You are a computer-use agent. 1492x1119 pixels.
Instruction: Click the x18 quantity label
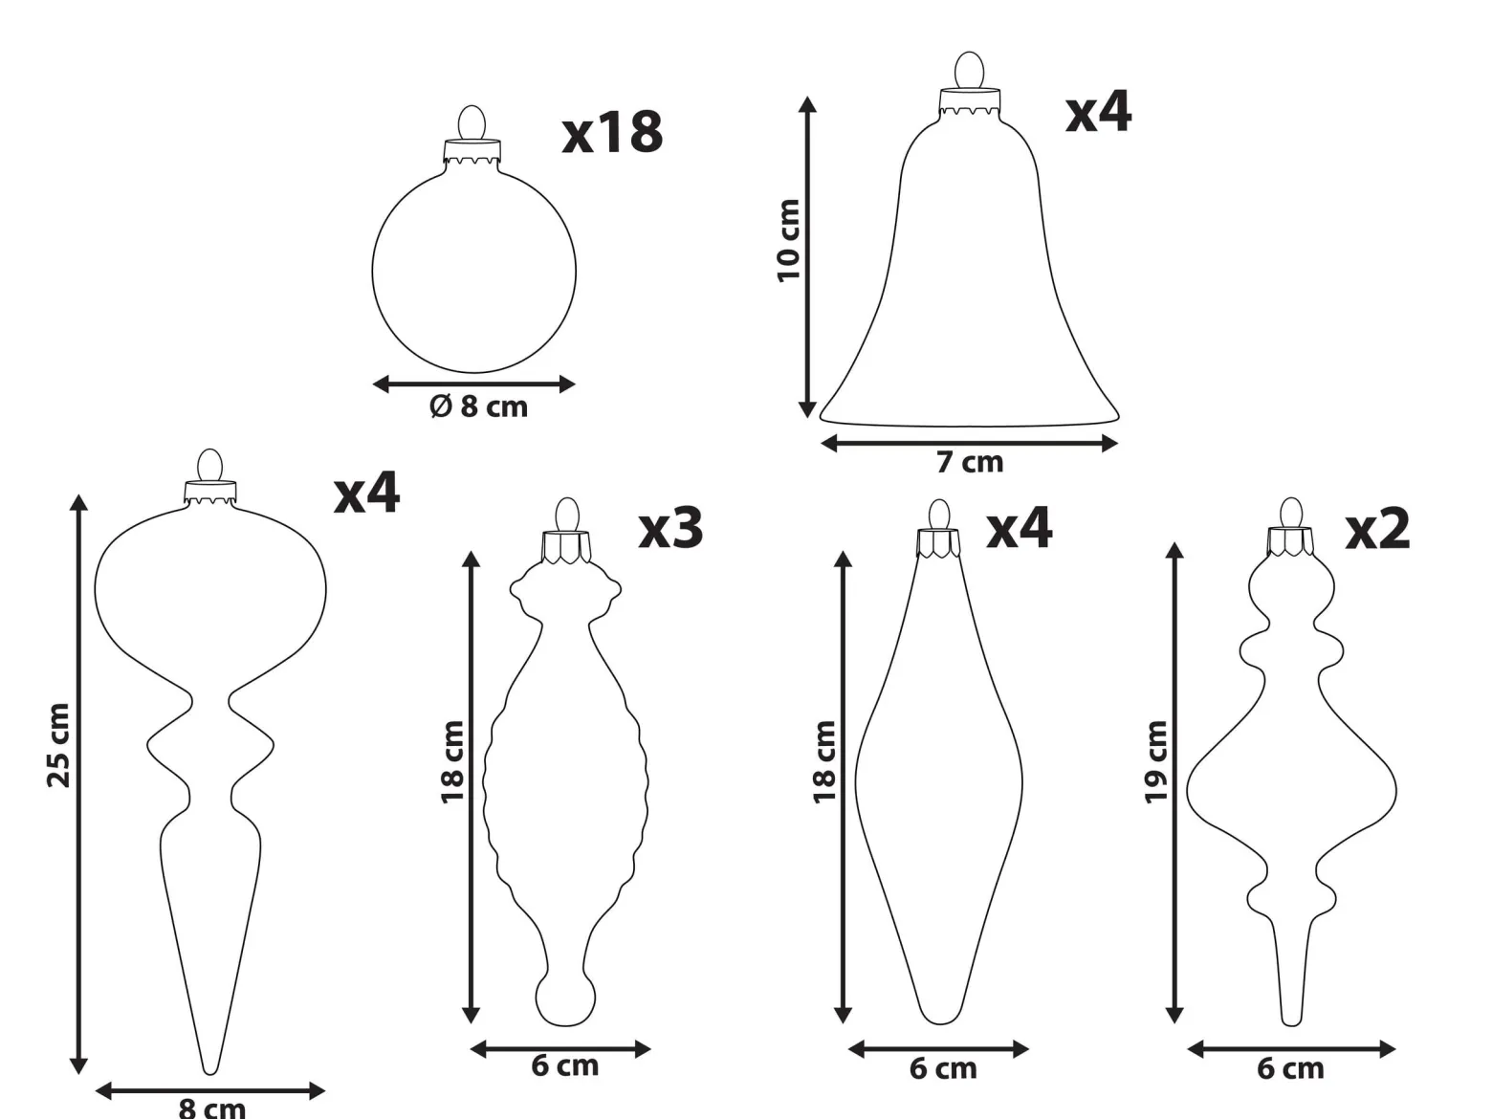coord(612,132)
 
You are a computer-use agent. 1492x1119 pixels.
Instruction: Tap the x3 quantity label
coord(670,529)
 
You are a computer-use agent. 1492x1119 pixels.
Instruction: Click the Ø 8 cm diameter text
coord(478,407)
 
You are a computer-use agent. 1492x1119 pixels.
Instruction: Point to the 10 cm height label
coord(789,240)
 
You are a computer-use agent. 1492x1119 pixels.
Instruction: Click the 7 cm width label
coord(970,462)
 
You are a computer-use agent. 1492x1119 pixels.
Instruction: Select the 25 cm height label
coord(58,745)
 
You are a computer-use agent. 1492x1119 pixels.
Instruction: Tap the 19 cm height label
coord(1156,762)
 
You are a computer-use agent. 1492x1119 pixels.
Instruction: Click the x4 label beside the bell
coord(1099,112)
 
